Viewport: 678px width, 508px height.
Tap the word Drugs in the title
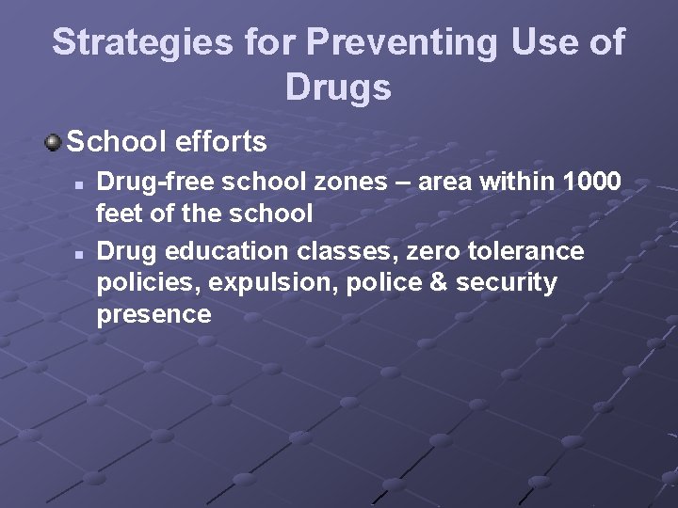pyautogui.click(x=337, y=88)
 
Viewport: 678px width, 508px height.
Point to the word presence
pyautogui.click(x=153, y=314)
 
